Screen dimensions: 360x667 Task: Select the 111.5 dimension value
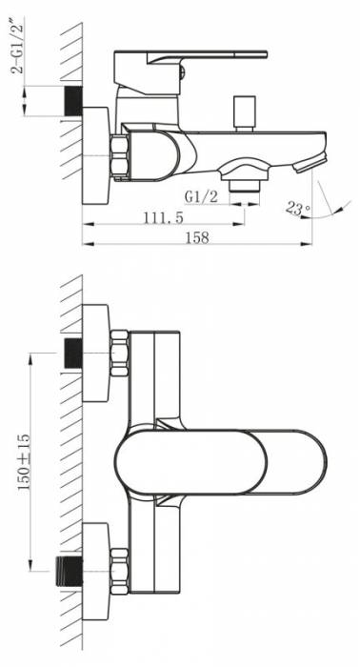tap(164, 217)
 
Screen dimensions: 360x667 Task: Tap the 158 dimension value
tap(197, 238)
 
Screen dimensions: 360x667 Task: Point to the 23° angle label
tap(297, 209)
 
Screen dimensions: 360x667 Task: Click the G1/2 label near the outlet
tap(201, 196)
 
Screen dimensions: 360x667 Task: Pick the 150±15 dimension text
tap(24, 462)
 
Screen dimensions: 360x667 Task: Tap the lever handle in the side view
tap(190, 72)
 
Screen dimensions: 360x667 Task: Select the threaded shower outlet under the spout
tap(244, 186)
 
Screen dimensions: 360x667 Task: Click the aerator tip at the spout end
tap(311, 164)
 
